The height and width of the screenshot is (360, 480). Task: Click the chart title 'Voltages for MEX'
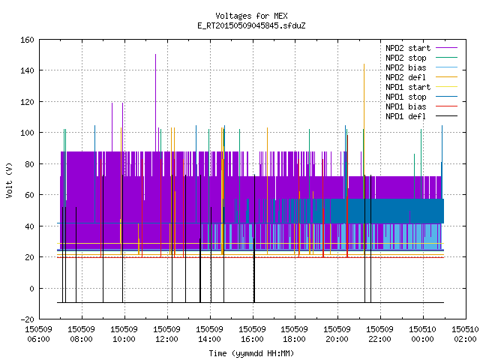pyautogui.click(x=251, y=16)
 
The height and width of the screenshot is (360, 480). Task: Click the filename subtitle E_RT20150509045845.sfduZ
pyautogui.click(x=251, y=25)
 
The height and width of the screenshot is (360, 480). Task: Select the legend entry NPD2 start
pyautogui.click(x=421, y=48)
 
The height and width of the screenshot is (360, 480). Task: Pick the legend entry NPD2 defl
pyautogui.click(x=421, y=77)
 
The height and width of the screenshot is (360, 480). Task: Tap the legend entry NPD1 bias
pyautogui.click(x=421, y=106)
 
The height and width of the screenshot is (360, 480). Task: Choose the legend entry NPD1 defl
pyautogui.click(x=421, y=116)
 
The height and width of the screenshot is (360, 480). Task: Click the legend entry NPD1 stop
pyautogui.click(x=421, y=97)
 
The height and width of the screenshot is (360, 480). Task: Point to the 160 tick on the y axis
pyautogui.click(x=27, y=40)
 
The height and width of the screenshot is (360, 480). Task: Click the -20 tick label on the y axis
pyautogui.click(x=27, y=319)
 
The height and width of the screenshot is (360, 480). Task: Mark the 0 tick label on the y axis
pyautogui.click(x=31, y=288)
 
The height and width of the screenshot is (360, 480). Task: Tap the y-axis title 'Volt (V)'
pyautogui.click(x=9, y=180)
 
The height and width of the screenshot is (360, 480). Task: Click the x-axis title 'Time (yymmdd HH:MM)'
pyautogui.click(x=251, y=353)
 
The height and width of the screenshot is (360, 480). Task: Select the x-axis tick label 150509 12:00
pyautogui.click(x=166, y=334)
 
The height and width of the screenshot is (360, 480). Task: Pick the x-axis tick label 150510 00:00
pyautogui.click(x=422, y=334)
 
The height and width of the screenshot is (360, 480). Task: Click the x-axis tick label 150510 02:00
pyautogui.click(x=465, y=334)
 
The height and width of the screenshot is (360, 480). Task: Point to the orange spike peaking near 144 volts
pyautogui.click(x=364, y=122)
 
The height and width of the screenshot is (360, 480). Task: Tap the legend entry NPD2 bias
pyautogui.click(x=421, y=67)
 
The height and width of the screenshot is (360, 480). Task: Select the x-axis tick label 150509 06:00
pyautogui.click(x=38, y=334)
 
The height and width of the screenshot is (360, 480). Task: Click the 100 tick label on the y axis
pyautogui.click(x=27, y=133)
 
